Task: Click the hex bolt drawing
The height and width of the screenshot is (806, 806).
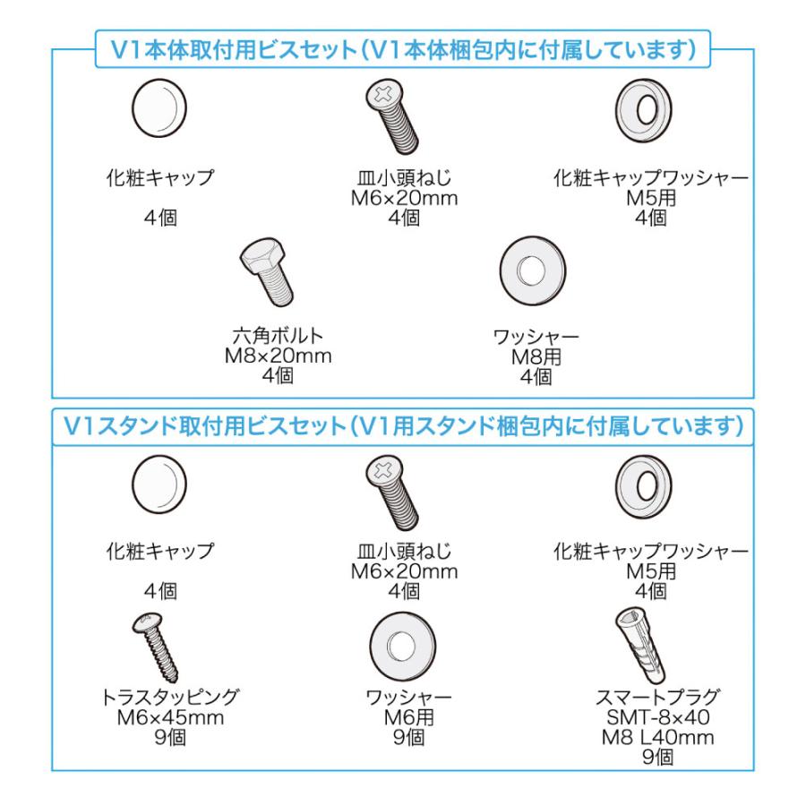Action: (266, 275)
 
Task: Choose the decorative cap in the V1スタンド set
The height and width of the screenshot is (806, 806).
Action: (159, 483)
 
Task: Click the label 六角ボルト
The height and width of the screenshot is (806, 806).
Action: (278, 337)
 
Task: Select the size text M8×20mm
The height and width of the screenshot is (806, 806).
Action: (278, 356)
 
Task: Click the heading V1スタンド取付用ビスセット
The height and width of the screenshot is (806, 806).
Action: (210, 425)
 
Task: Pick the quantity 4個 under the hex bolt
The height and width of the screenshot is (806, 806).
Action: (278, 376)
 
